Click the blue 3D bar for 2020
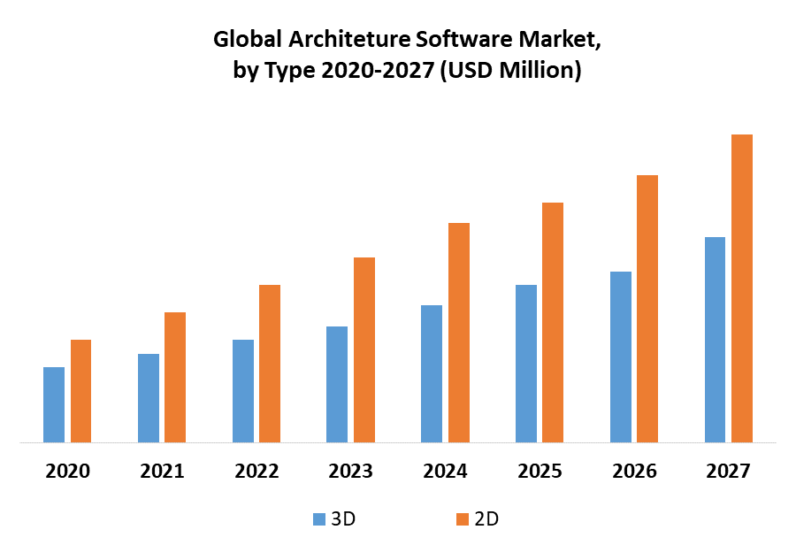tap(54, 404)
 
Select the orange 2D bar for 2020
tap(80, 391)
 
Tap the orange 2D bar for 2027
tap(741, 288)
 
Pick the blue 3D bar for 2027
tap(715, 340)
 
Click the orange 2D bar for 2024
tap(458, 333)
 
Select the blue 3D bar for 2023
tap(337, 384)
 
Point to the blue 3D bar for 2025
tap(525, 364)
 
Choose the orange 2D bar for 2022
tap(270, 364)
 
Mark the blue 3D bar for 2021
tap(149, 398)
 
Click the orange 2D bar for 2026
tap(647, 309)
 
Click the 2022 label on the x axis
tap(256, 471)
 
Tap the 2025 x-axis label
tap(540, 471)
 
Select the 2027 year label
tap(728, 471)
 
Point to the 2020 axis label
tap(68, 471)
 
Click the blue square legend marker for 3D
tap(319, 519)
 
